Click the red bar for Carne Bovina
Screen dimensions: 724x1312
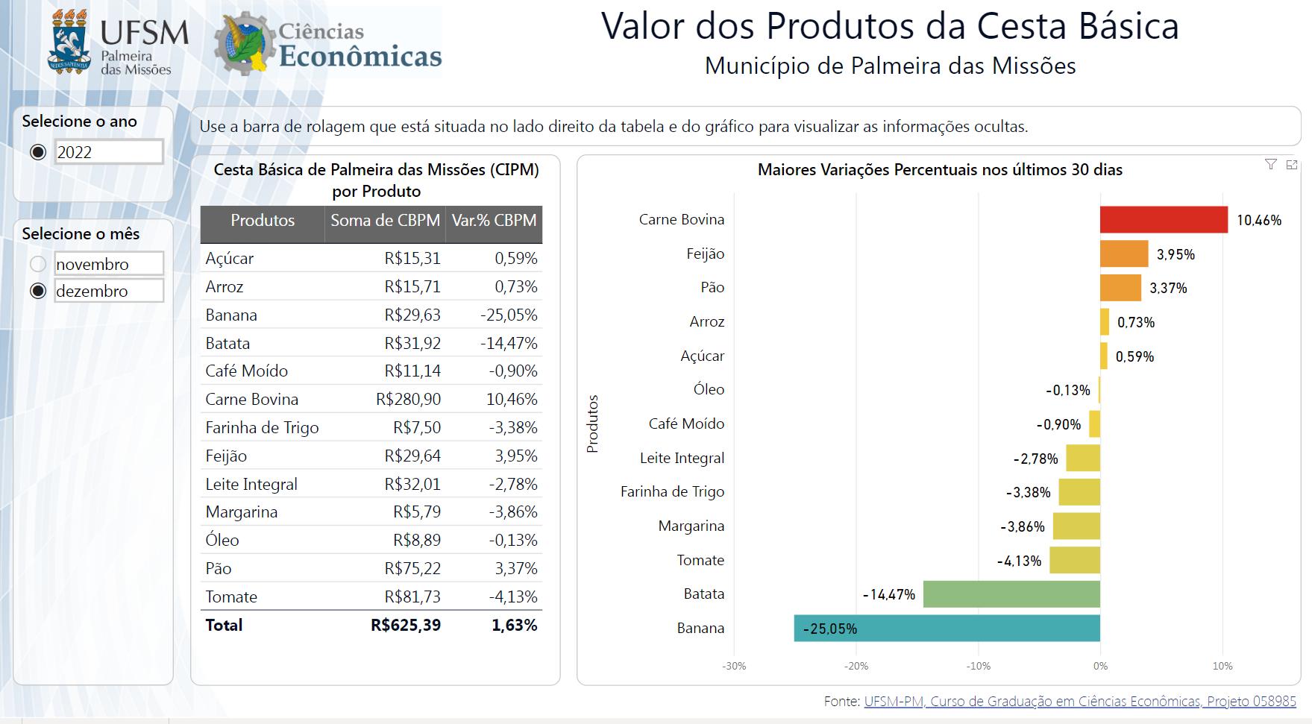point(1164,220)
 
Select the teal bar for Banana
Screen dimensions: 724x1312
point(947,628)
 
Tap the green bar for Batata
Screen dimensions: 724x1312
point(1011,594)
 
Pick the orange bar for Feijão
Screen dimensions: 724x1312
point(1124,254)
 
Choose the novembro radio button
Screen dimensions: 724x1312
point(38,264)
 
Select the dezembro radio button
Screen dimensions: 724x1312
point(38,291)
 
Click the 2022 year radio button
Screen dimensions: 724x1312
point(38,152)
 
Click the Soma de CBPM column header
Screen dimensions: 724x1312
point(385,221)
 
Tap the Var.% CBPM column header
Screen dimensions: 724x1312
point(494,221)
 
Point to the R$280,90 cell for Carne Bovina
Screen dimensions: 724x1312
point(408,400)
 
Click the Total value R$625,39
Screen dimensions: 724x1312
point(406,625)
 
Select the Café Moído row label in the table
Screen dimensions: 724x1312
point(246,371)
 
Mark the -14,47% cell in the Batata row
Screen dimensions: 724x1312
point(509,343)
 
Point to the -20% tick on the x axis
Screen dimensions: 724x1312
point(856,666)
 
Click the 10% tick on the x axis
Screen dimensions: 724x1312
point(1222,666)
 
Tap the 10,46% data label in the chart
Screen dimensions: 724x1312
point(1259,221)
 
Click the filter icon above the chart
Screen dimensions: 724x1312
point(1271,165)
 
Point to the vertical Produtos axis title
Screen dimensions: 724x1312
point(593,424)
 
